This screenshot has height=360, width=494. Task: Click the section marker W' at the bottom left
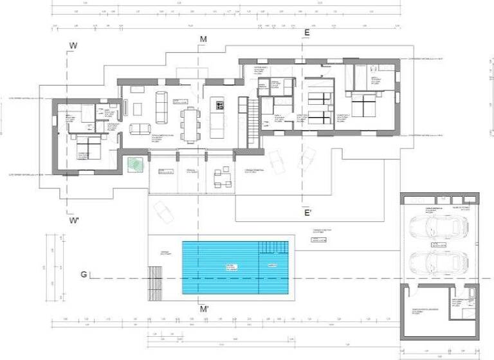click(x=75, y=221)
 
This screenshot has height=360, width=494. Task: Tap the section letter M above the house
click(x=203, y=40)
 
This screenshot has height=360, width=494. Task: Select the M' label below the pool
click(x=205, y=310)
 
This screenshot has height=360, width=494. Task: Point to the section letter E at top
click(x=307, y=32)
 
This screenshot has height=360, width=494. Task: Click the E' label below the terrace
click(x=307, y=213)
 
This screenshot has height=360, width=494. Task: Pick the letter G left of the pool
click(x=84, y=274)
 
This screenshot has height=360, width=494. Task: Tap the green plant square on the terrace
click(x=134, y=164)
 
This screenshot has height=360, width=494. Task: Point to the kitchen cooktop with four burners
click(x=219, y=105)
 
